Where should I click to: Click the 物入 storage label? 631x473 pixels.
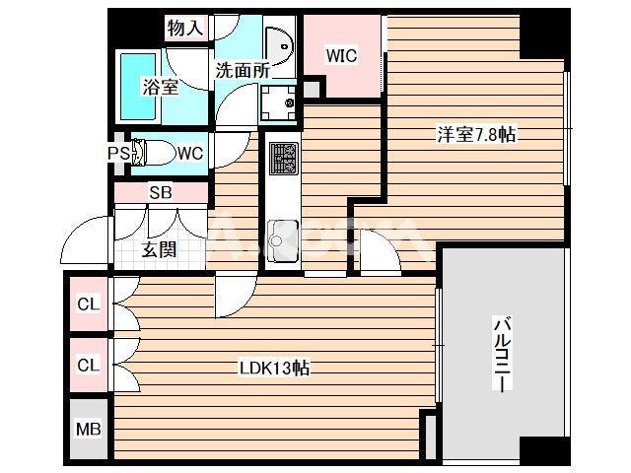pyautogui.click(x=186, y=29)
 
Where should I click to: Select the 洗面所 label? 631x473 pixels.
pyautogui.click(x=242, y=70)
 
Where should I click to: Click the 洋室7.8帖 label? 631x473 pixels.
pyautogui.click(x=476, y=135)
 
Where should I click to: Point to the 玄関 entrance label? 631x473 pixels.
pyautogui.click(x=159, y=250)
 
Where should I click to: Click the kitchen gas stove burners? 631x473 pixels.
pyautogui.click(x=283, y=158)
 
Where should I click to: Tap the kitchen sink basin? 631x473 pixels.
pyautogui.click(x=282, y=236)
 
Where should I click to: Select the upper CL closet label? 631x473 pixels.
pyautogui.click(x=89, y=304)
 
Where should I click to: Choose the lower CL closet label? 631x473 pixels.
pyautogui.click(x=89, y=365)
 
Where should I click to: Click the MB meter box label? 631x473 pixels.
pyautogui.click(x=89, y=429)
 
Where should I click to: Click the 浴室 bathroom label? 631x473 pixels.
pyautogui.click(x=160, y=87)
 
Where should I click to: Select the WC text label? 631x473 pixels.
pyautogui.click(x=190, y=153)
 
